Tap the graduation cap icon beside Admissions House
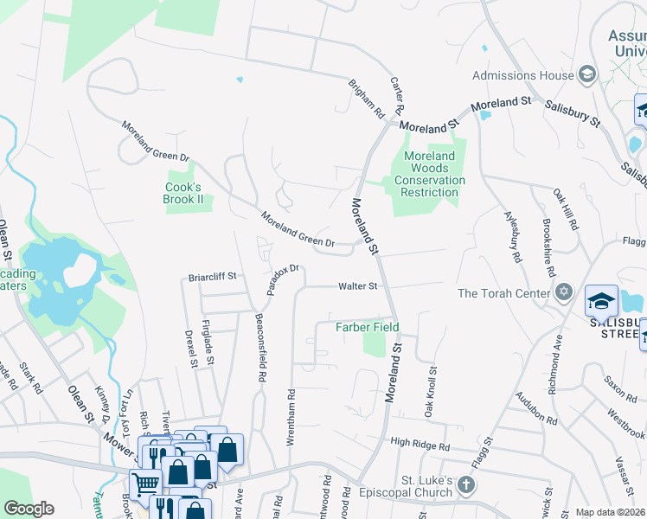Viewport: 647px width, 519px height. pyautogui.click(x=587, y=75)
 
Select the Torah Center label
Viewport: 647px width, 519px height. pyautogui.click(x=503, y=292)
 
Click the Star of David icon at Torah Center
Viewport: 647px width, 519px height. pyautogui.click(x=564, y=291)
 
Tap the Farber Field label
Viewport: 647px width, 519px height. pyautogui.click(x=368, y=328)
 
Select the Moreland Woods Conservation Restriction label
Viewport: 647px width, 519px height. pyautogui.click(x=430, y=174)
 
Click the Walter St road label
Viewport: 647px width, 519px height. pyautogui.click(x=358, y=285)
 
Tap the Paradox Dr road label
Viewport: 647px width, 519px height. pyautogui.click(x=283, y=279)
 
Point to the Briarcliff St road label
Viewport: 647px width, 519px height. pyautogui.click(x=213, y=278)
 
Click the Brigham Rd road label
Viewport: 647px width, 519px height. pyautogui.click(x=366, y=99)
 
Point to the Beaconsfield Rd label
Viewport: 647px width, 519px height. pyautogui.click(x=259, y=348)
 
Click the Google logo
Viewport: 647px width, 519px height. pyautogui.click(x=29, y=509)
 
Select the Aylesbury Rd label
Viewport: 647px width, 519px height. pyautogui.click(x=511, y=236)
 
